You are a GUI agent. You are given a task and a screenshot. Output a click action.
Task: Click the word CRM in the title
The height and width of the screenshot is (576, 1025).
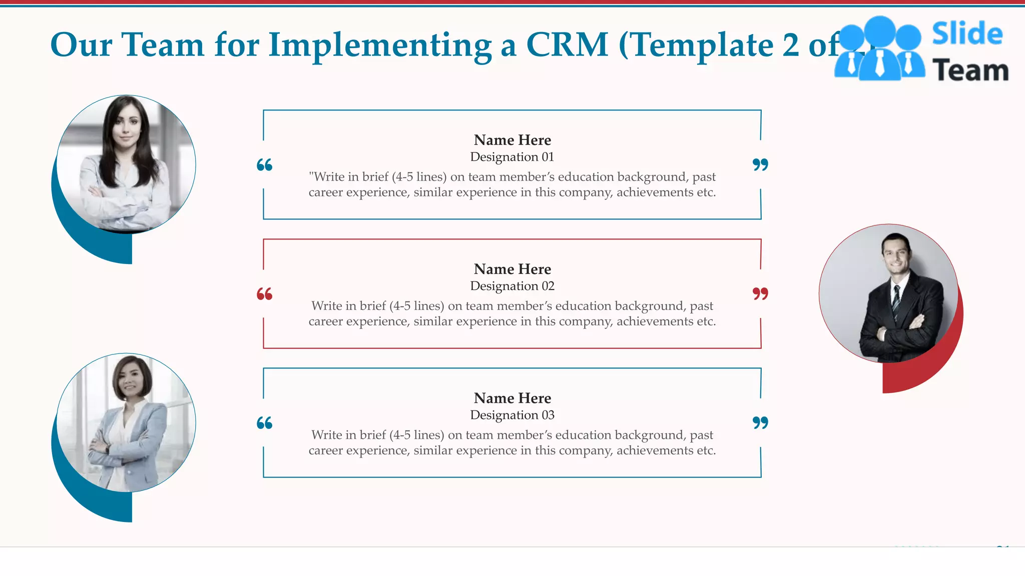pos(567,45)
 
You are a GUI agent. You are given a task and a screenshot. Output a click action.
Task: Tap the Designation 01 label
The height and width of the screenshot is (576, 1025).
pos(512,157)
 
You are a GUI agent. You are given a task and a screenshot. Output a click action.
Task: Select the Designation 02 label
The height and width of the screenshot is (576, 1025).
pos(512,286)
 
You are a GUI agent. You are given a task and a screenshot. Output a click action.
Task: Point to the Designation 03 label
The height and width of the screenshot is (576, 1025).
pos(512,415)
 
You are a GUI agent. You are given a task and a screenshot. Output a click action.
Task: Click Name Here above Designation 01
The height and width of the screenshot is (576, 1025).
pos(512,140)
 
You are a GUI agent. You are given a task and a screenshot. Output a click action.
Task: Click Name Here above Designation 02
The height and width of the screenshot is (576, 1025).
pos(512,269)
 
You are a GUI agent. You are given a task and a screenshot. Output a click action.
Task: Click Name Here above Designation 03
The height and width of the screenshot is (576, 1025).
pos(512,398)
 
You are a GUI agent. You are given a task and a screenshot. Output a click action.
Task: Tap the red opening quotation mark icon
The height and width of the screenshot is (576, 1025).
pos(264,294)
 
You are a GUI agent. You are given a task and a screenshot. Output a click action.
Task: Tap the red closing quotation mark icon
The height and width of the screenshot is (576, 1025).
pos(760,294)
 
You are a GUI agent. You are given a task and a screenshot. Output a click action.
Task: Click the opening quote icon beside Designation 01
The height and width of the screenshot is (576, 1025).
pos(264,165)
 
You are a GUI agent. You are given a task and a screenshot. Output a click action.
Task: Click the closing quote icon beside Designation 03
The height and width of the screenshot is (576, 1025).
pos(760,423)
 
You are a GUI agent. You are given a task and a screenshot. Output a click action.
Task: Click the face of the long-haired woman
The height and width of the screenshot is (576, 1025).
pos(126,125)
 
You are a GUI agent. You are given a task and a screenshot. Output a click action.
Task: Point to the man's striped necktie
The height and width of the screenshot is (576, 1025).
pos(896,300)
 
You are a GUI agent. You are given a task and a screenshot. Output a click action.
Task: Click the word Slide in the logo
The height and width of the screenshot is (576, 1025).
pos(967,34)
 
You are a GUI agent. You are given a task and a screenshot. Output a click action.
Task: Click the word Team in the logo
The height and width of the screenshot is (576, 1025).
pos(970,70)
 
